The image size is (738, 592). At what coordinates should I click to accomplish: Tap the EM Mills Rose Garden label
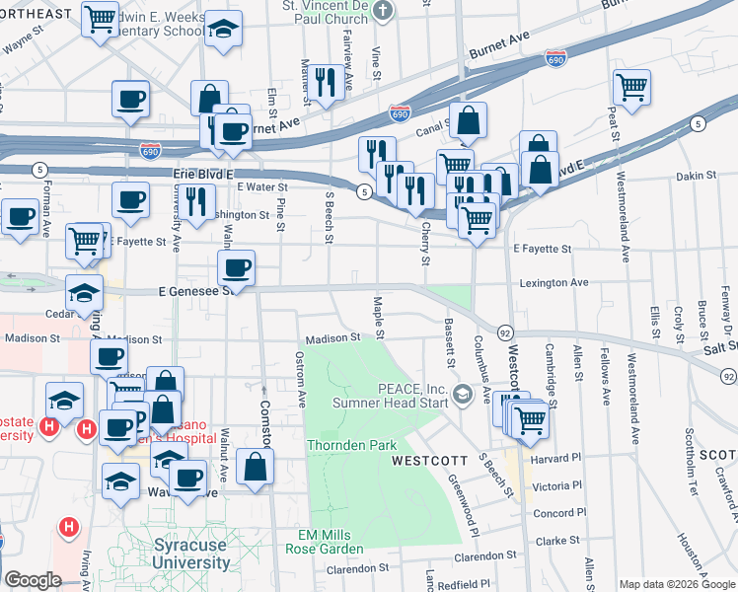[x=331, y=542]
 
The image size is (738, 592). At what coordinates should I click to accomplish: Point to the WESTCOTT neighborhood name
[x=430, y=461]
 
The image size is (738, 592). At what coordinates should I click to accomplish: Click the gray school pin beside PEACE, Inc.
[x=462, y=396]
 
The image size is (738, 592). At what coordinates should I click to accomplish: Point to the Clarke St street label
[x=558, y=541]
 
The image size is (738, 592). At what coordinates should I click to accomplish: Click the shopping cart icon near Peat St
[x=631, y=85]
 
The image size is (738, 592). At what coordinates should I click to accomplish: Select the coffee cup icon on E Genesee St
[x=236, y=266]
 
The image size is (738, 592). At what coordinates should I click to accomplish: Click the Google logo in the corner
[x=33, y=580]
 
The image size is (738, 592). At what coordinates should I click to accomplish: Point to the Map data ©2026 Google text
[x=676, y=584]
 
